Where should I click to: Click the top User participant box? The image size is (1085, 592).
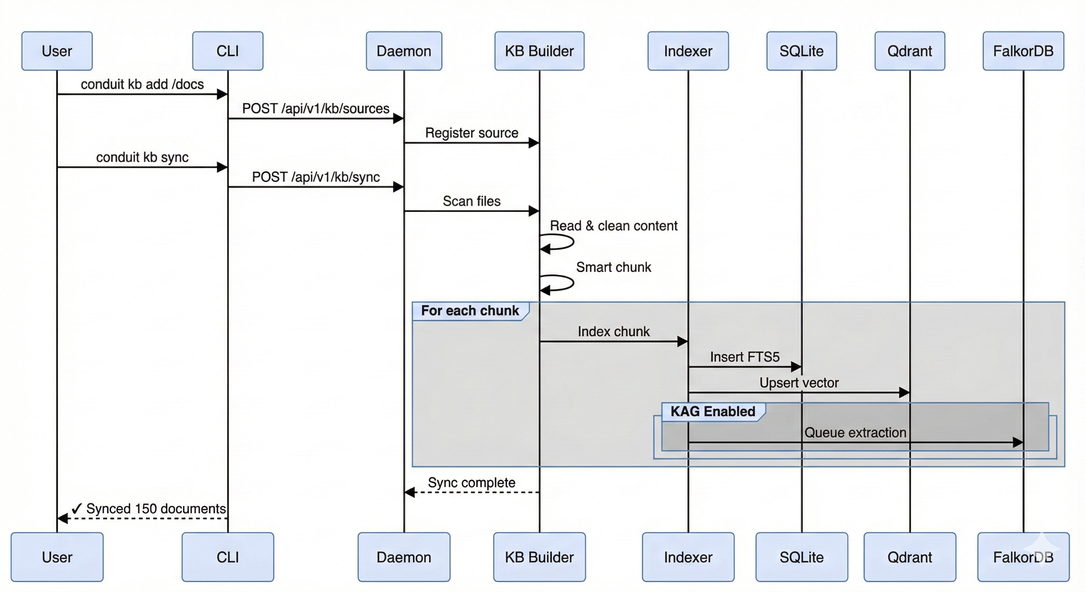click(x=57, y=51)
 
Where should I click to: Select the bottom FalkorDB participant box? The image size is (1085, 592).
click(x=1023, y=557)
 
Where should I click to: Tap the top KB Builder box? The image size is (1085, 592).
click(x=539, y=51)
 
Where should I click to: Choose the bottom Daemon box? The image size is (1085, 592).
click(x=403, y=557)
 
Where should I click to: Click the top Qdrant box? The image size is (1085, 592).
click(x=909, y=51)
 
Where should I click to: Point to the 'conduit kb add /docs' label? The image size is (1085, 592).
click(x=142, y=84)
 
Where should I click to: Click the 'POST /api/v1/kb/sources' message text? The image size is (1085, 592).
click(x=316, y=109)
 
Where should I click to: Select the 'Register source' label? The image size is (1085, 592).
click(x=471, y=133)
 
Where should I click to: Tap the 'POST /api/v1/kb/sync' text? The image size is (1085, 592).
click(x=316, y=177)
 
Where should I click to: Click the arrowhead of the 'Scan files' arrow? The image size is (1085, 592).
click(x=534, y=211)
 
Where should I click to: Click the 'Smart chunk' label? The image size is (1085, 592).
click(x=613, y=267)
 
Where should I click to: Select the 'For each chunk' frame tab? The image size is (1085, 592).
click(x=470, y=311)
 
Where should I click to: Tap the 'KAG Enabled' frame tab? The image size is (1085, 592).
click(x=712, y=412)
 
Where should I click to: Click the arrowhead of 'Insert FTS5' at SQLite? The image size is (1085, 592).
click(x=796, y=367)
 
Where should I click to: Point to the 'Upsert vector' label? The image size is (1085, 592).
click(x=799, y=383)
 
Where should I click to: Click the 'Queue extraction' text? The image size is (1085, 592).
click(x=855, y=433)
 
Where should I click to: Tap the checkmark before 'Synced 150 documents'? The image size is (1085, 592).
click(x=76, y=509)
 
